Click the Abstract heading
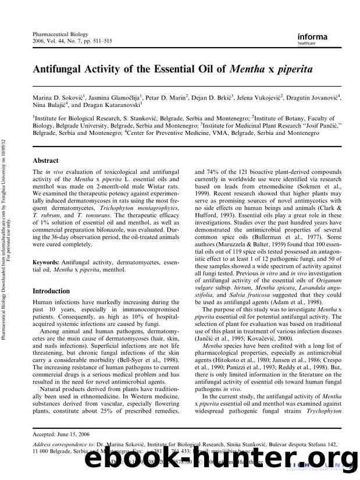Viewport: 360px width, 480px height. click(46, 160)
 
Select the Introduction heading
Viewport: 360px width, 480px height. click(51, 290)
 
